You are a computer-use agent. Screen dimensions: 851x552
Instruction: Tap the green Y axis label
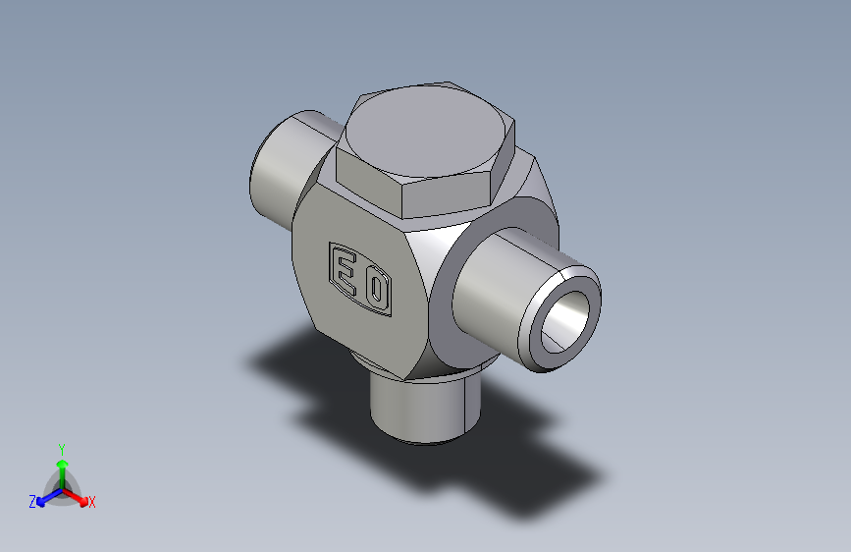[62, 449]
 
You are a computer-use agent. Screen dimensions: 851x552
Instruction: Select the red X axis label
[91, 502]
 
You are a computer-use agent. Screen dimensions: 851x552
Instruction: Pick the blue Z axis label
[32, 501]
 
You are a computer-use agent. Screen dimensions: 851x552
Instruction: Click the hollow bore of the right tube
[565, 321]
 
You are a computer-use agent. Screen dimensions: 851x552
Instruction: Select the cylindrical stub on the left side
[287, 163]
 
